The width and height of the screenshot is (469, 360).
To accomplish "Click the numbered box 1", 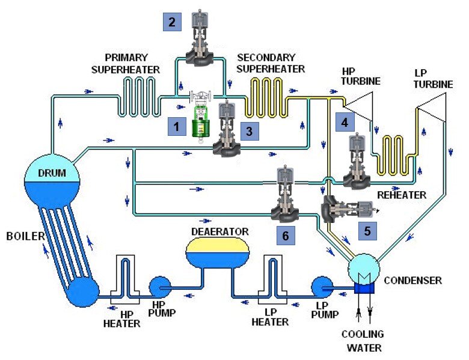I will [177, 127].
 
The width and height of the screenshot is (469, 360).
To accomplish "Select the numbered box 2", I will [173, 23].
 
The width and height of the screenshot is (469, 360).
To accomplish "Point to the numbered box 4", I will [345, 122].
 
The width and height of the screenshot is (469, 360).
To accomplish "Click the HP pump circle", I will [161, 287].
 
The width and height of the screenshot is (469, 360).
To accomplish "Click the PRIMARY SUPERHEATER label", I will [126, 64].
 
